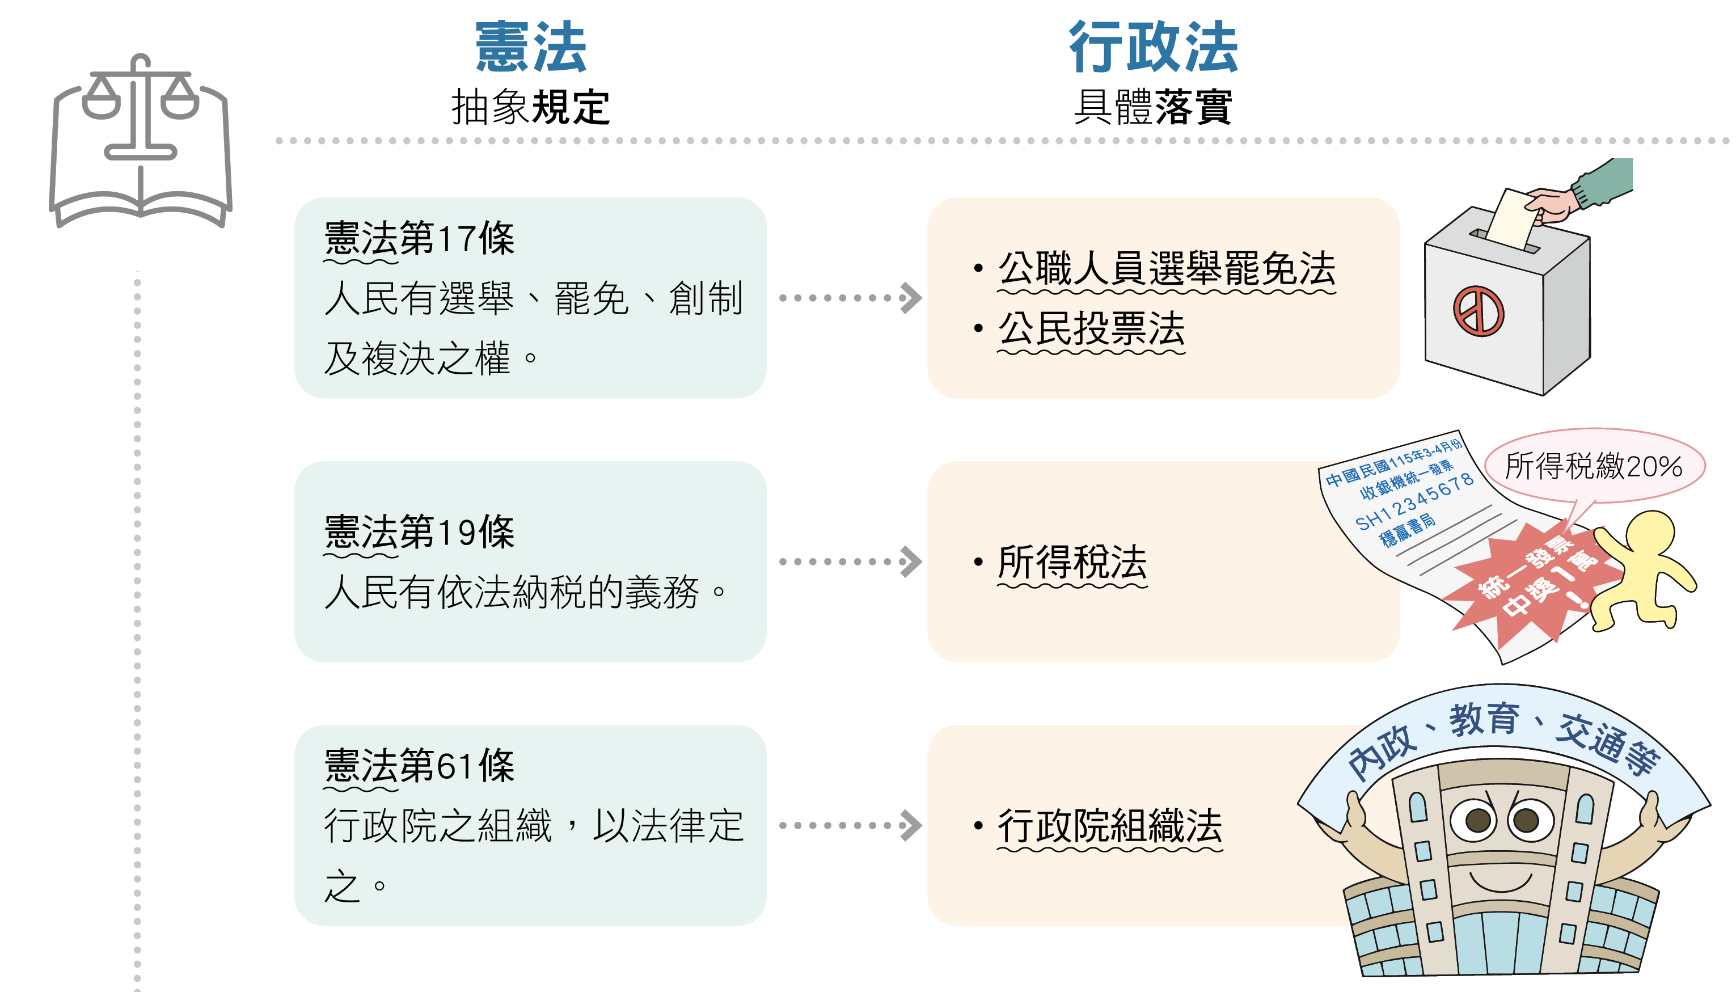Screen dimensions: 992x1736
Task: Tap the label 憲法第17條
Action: click(x=419, y=238)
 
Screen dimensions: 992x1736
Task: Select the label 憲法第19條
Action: click(x=419, y=531)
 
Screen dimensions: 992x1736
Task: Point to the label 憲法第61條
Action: click(x=419, y=765)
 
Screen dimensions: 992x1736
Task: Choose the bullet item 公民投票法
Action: click(x=1091, y=328)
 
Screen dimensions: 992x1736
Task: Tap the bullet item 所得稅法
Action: click(x=1072, y=562)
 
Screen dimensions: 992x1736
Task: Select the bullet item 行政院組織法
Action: click(x=1109, y=826)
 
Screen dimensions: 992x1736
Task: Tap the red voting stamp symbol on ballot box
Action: click(x=1479, y=311)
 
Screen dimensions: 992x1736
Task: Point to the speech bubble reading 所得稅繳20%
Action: click(x=1593, y=467)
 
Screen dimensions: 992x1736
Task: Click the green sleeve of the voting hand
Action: click(x=1604, y=180)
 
